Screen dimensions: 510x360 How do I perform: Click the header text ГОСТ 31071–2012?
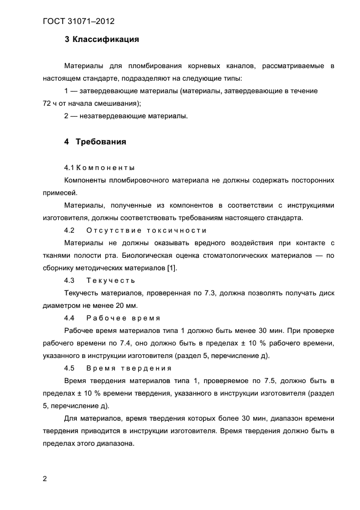pos(78,22)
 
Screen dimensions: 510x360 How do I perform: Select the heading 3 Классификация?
pos(101,39)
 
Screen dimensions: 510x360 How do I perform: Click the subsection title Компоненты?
pos(105,167)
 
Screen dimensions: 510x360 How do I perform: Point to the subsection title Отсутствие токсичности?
pos(147,230)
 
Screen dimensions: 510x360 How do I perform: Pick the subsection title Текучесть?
pos(111,280)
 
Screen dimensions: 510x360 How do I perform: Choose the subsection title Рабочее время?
pos(123,318)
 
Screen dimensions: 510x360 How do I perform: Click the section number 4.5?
pos(69,368)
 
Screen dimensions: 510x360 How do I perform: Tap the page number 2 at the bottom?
pos(45,479)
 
